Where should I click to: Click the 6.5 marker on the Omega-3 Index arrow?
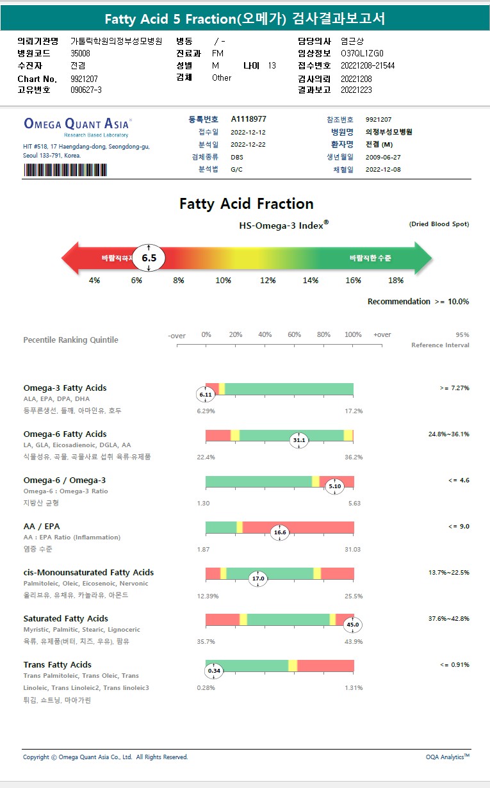click(149, 258)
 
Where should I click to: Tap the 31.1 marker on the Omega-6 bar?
click(299, 440)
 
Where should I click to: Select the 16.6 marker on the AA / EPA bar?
click(280, 532)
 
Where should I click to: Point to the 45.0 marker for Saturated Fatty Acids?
click(353, 625)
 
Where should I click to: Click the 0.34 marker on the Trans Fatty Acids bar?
click(214, 671)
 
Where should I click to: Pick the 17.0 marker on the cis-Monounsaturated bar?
click(258, 579)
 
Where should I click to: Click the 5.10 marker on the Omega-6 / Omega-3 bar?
click(335, 486)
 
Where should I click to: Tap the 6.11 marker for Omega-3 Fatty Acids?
click(206, 395)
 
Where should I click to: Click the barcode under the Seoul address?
click(65, 170)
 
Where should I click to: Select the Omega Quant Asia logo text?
click(78, 124)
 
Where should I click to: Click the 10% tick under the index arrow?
click(223, 281)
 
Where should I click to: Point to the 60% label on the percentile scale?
click(294, 334)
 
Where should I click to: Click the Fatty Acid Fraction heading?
click(247, 204)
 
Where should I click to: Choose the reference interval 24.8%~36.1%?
click(448, 434)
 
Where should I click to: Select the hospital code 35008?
click(80, 53)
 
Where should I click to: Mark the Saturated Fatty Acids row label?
click(66, 618)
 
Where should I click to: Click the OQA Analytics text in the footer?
click(447, 757)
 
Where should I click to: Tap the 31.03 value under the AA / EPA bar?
click(352, 549)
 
